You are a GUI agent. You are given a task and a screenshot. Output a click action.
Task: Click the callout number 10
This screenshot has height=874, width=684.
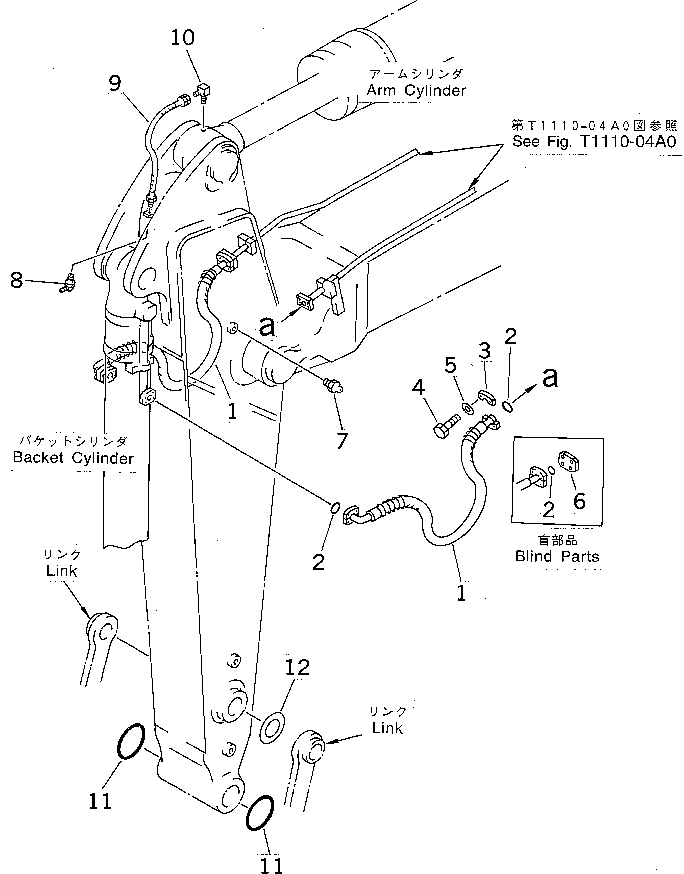click(x=183, y=38)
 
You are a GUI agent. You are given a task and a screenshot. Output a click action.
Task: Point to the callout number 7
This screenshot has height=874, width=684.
click(x=341, y=440)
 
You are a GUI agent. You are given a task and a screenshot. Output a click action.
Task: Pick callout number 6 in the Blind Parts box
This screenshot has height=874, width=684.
click(x=579, y=501)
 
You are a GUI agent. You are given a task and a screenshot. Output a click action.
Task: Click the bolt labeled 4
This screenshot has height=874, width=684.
click(x=446, y=426)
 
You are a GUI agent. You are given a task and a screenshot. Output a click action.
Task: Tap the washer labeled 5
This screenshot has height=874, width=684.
click(x=467, y=408)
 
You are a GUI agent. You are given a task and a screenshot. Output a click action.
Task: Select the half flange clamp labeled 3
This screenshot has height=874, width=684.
click(x=486, y=398)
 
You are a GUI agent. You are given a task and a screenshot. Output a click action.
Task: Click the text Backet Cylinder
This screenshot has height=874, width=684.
click(x=73, y=458)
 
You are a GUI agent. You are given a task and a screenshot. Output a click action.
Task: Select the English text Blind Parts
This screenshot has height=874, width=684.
click(x=557, y=557)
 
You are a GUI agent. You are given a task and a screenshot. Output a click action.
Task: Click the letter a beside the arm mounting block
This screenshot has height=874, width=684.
click(x=267, y=326)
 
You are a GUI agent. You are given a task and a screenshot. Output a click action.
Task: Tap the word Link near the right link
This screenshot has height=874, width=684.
click(x=387, y=728)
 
